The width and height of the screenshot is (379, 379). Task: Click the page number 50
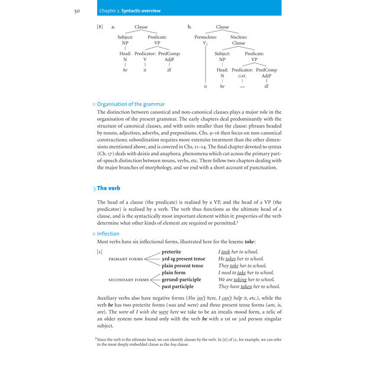77,11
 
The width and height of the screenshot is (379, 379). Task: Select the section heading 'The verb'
108,188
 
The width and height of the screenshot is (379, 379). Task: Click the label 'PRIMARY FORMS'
126,259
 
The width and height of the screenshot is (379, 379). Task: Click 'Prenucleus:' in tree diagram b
205,37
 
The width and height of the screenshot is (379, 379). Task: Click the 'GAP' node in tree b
242,76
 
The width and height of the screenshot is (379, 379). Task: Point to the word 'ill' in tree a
169,69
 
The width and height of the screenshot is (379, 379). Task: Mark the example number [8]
99,27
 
